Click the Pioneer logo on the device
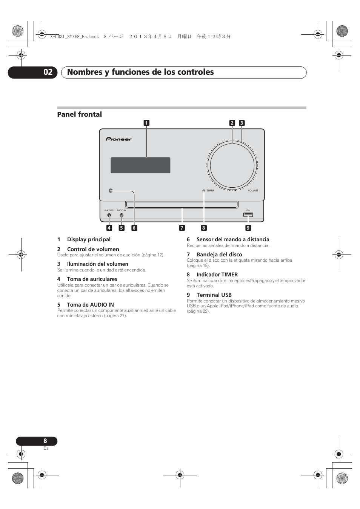118,139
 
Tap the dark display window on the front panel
140,165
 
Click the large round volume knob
232,165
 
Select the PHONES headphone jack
109,215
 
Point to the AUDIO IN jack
122,215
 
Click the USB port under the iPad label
248,215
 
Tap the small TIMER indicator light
204,191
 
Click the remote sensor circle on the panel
111,191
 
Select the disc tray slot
182,205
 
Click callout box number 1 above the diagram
146,123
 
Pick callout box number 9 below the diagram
248,228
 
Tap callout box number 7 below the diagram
182,228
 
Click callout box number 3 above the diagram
242,123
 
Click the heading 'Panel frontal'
80,114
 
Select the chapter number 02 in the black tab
48,72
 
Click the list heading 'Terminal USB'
214,295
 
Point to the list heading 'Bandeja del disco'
219,254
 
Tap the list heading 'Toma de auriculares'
92,279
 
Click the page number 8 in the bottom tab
45,441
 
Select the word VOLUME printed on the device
253,191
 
